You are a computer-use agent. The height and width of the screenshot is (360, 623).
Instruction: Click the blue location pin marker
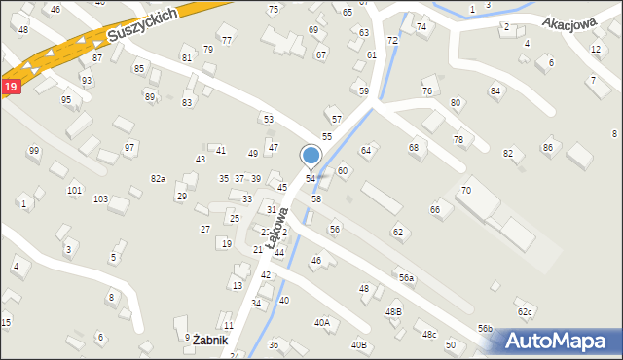(x=311, y=157)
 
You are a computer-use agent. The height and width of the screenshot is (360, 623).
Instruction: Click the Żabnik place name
(x=209, y=341)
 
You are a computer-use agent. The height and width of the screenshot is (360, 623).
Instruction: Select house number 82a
(x=158, y=179)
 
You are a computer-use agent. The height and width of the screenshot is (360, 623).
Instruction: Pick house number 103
(x=100, y=198)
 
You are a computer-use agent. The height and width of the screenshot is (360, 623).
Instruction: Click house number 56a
(x=406, y=278)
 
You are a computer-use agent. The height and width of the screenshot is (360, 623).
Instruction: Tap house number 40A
(x=322, y=322)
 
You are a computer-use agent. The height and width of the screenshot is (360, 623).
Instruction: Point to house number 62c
(x=526, y=311)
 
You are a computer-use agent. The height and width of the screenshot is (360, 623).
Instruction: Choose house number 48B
(x=393, y=311)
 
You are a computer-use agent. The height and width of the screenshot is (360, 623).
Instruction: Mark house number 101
(x=74, y=190)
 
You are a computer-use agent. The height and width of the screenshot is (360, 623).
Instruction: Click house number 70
(x=466, y=190)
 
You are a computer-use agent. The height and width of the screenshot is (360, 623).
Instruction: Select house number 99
(x=34, y=151)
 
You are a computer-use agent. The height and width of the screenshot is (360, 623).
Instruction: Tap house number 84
(x=495, y=91)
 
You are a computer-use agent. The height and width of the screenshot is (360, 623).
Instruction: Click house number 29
(x=181, y=197)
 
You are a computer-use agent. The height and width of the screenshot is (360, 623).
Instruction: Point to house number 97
(x=129, y=147)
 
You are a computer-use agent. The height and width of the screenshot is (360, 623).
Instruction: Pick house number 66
(x=435, y=210)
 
